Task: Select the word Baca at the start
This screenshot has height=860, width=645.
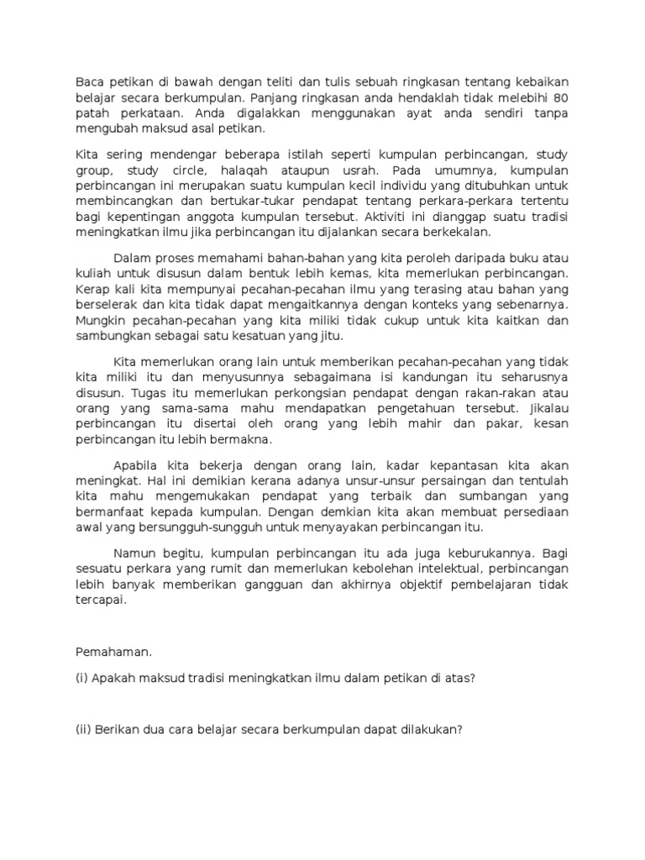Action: [89, 81]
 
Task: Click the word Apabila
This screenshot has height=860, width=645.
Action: [138, 464]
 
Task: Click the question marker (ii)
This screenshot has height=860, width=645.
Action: [82, 729]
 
